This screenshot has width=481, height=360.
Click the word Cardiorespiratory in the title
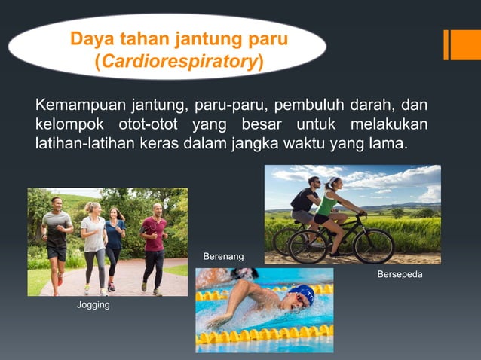(x=178, y=61)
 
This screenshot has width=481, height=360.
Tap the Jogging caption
(x=93, y=305)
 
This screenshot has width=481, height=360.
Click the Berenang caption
(x=223, y=258)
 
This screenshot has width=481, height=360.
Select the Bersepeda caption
(x=400, y=275)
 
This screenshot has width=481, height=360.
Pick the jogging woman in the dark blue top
(x=114, y=245)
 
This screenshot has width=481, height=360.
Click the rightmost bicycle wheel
(x=374, y=246)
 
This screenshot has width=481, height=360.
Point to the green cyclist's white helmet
(x=333, y=182)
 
